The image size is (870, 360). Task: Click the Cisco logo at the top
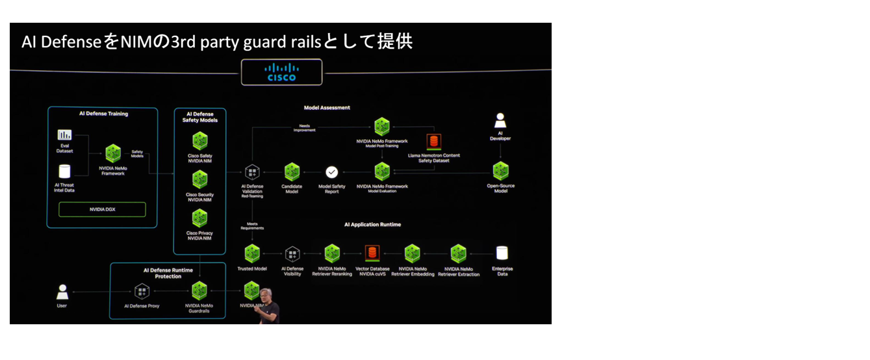click(x=281, y=72)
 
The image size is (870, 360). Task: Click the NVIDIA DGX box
click(x=102, y=210)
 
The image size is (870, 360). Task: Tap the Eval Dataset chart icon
click(x=64, y=135)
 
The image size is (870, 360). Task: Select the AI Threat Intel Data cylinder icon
click(x=64, y=172)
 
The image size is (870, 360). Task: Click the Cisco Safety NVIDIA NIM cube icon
click(x=199, y=141)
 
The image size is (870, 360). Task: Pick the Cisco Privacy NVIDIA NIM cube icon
click(x=199, y=218)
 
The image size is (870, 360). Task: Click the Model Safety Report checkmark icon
click(x=331, y=172)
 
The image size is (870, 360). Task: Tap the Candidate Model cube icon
click(x=292, y=172)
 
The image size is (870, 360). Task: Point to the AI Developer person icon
click(x=500, y=121)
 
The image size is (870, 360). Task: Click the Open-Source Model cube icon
click(x=500, y=172)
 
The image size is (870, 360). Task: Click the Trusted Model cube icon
click(x=252, y=253)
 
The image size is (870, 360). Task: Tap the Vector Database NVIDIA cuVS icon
click(x=372, y=253)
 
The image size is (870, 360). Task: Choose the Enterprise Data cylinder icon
click(x=502, y=253)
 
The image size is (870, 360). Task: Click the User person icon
click(x=62, y=292)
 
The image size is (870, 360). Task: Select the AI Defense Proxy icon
click(x=142, y=292)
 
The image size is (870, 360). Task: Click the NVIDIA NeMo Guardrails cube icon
click(x=199, y=290)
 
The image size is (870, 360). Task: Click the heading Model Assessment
click(x=327, y=108)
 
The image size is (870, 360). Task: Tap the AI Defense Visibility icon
click(x=292, y=253)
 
